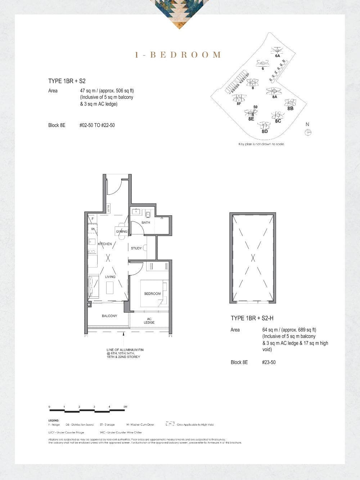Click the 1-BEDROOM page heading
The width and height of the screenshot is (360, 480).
pyautogui.click(x=178, y=55)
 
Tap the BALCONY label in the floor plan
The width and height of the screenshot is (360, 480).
pyautogui.click(x=109, y=316)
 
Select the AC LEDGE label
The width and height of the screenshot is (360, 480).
pyautogui.click(x=149, y=320)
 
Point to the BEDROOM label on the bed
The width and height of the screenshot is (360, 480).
pyautogui.click(x=152, y=294)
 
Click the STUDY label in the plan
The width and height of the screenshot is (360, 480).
pyautogui.click(x=136, y=248)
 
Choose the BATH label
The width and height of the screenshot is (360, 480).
pyautogui.click(x=146, y=223)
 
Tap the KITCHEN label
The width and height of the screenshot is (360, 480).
pyautogui.click(x=105, y=244)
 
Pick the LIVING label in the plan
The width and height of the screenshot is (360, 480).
pyautogui.click(x=110, y=277)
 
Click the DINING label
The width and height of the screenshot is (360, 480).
pyautogui.click(x=122, y=232)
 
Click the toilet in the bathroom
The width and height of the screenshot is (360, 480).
pyautogui.click(x=148, y=214)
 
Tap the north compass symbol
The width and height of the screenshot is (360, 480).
pyautogui.click(x=308, y=133)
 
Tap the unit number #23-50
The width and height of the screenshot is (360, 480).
pyautogui.click(x=269, y=362)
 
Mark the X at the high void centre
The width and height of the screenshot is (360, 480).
pyautogui.click(x=253, y=257)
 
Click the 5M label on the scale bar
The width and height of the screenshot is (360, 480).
pyautogui.click(x=125, y=407)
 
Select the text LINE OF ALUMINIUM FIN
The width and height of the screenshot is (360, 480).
pyautogui.click(x=125, y=350)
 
